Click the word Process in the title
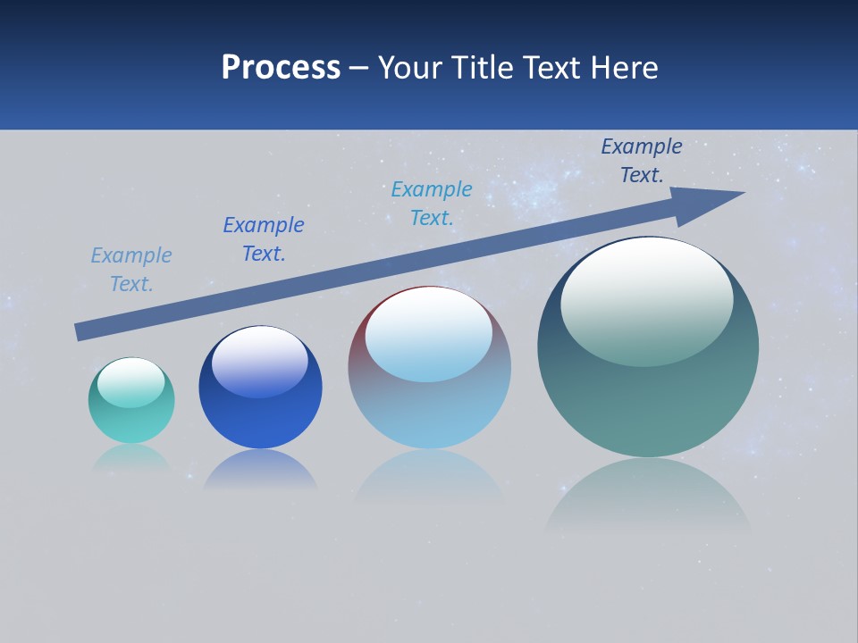point(281,68)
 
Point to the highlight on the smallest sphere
point(130,381)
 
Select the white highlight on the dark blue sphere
point(259,361)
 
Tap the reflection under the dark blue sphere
point(260,470)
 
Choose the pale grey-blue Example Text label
point(131,270)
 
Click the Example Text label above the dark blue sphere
point(264,239)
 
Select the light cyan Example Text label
point(432,204)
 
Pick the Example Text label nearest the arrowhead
point(642,161)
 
